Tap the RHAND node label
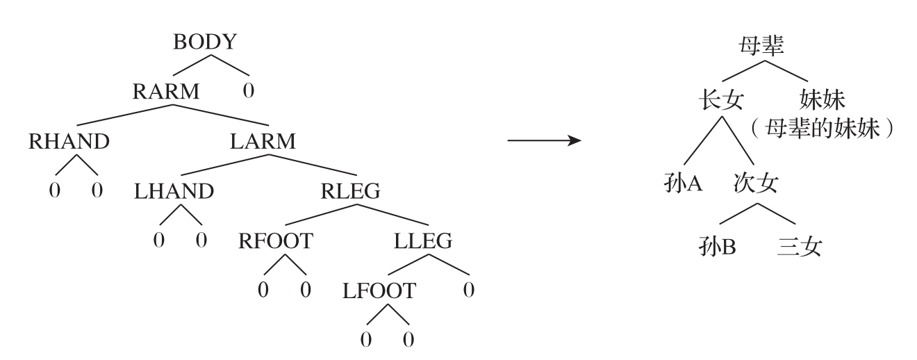pos(69,141)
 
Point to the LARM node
pos(263,141)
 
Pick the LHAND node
pos(174,191)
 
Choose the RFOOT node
pos(276,241)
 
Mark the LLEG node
pos(423,241)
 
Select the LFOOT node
pos(379,291)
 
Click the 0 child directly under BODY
pos(248,92)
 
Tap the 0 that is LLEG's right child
pos(469,291)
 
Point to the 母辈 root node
pos(760,46)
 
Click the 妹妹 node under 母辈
pos(823,100)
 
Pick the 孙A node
pos(684,185)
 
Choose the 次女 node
pos(756,185)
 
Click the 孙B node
pos(718,247)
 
